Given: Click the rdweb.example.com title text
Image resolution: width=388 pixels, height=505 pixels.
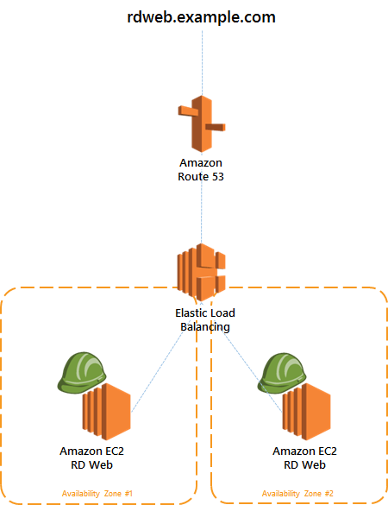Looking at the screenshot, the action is pos(202,17).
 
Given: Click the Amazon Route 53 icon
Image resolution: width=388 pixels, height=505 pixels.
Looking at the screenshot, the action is pos(202,124).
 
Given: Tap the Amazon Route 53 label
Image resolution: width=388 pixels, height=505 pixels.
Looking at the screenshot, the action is pos(201,170).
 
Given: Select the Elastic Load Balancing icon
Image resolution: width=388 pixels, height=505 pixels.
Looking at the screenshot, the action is pos(202,273).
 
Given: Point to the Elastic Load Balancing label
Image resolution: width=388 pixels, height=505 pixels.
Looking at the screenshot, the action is pos(205,319).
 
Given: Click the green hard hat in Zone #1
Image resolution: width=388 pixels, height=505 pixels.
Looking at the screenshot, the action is pos(82,372).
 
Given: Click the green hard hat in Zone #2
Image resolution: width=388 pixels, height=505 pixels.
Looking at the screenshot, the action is pos(282,373).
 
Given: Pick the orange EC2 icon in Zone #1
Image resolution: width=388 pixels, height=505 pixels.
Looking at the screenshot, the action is pos(107,412).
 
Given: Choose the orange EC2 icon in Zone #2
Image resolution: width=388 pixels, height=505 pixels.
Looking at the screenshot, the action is pos(307,412).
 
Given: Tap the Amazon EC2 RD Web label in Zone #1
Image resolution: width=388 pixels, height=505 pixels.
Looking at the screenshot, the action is pos(91,458).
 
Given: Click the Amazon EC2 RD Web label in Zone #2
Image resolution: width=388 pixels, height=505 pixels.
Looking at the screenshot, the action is pos(304,458).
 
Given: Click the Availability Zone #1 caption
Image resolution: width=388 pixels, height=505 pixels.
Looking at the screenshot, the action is pos(97,494).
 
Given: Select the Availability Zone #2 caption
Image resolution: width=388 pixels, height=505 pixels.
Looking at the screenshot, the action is pos(297,494).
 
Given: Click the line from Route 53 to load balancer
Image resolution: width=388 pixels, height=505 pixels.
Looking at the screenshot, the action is pos(202,213).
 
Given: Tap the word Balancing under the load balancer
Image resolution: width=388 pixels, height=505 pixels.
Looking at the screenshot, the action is pos(205,327).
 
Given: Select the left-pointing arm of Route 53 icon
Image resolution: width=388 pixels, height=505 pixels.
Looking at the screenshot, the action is pos(189,110).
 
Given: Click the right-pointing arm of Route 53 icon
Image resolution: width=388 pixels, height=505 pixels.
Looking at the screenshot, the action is pos(216,127).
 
